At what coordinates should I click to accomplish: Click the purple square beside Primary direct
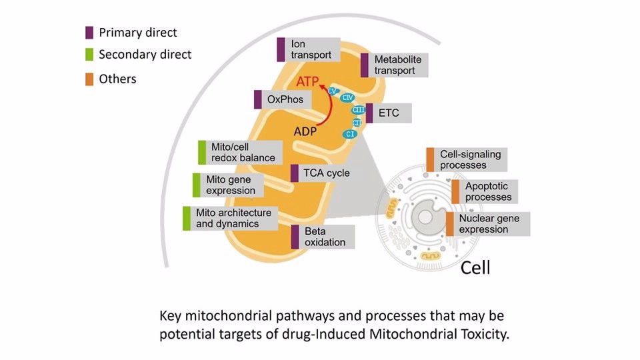89,32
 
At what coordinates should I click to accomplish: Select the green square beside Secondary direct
89,55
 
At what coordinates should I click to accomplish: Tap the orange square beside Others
89,79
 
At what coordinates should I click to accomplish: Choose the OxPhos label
283,100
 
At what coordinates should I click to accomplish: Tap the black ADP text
305,131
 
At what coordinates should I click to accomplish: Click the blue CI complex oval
350,134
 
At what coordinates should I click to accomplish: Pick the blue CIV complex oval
347,98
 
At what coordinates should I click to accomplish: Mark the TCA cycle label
324,173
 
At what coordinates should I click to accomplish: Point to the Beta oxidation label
323,237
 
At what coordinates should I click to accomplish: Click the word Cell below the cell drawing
475,268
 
